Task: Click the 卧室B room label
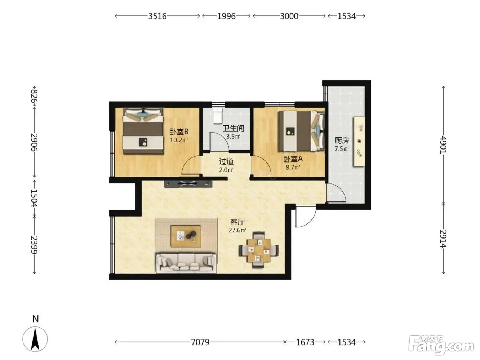(x=179, y=132)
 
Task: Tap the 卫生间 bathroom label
(x=233, y=128)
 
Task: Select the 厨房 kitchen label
(x=341, y=141)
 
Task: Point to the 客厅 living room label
(x=237, y=222)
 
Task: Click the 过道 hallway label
(x=226, y=161)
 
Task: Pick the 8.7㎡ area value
(x=293, y=168)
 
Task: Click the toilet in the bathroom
(x=218, y=115)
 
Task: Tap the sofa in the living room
(x=186, y=263)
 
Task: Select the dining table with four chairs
(x=258, y=250)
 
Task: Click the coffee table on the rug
(x=186, y=236)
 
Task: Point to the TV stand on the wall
(x=188, y=184)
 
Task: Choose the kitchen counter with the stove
(x=359, y=141)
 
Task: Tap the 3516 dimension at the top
(x=157, y=16)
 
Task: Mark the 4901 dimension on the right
(x=443, y=145)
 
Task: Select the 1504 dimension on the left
(x=34, y=198)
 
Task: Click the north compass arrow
(x=35, y=339)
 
